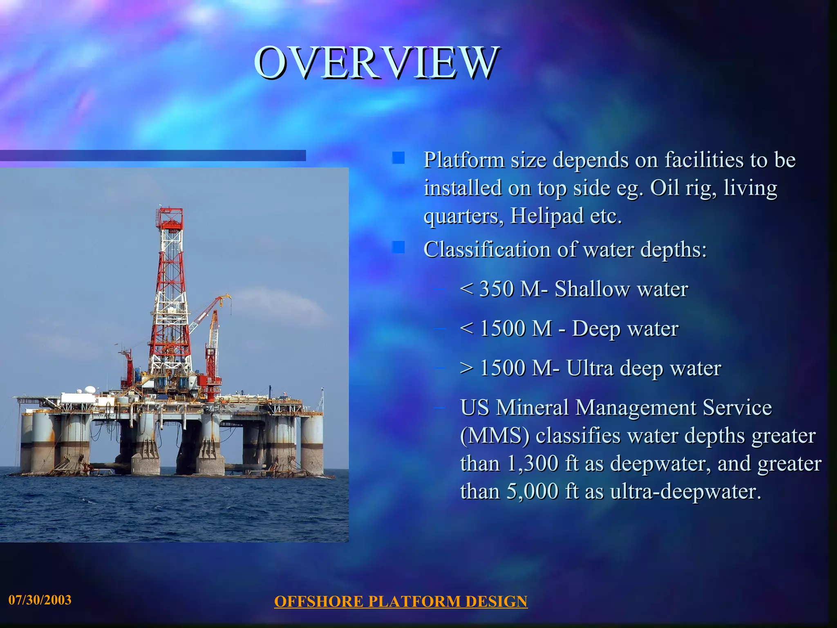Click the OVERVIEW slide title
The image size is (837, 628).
[376, 63]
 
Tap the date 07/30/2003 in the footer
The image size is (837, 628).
[40, 600]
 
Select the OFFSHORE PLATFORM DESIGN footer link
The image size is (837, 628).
[401, 601]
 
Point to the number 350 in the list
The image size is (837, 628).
[497, 289]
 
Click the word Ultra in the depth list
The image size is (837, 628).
[590, 368]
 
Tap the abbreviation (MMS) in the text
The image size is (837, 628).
[495, 436]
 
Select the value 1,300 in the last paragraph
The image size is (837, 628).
[533, 464]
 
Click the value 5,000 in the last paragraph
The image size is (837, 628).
[533, 491]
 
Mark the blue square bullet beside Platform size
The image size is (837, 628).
[398, 158]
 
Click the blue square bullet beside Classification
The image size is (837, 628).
[398, 247]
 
